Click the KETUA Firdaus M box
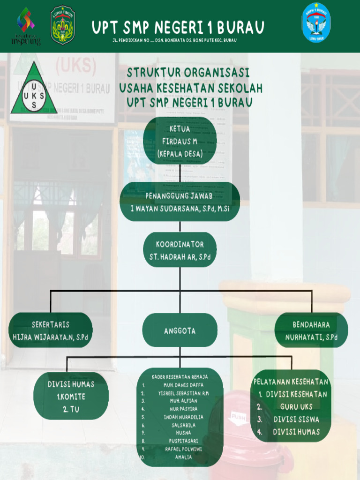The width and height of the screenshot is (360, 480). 180,141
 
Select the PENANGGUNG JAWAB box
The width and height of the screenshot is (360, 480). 180,202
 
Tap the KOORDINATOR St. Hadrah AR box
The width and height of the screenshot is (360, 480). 180,250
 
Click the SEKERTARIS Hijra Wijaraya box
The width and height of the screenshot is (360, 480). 51,330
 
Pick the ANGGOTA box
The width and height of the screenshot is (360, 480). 180,330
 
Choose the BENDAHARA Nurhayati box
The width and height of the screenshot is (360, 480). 311,330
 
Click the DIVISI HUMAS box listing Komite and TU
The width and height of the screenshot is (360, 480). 71,396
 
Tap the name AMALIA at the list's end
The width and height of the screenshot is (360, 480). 183,457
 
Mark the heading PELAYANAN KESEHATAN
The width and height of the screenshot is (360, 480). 291,382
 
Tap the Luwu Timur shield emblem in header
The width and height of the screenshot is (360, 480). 62,25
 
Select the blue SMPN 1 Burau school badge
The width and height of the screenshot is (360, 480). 316,22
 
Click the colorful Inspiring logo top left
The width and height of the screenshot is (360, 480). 26,25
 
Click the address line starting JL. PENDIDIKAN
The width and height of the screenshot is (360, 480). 174,41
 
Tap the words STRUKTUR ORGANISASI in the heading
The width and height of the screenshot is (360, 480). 188,73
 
